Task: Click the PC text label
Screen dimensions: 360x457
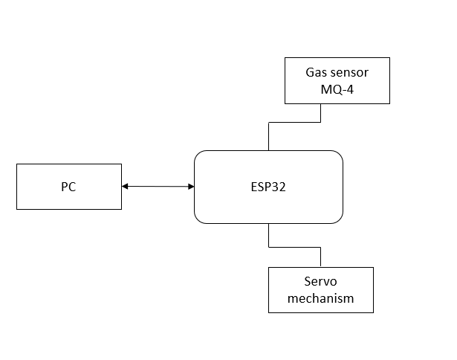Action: point(68,187)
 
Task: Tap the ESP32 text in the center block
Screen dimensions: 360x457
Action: point(268,187)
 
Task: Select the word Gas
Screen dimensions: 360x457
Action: point(317,73)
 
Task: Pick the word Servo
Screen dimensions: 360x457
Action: point(320,282)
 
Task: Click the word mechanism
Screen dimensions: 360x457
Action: point(320,298)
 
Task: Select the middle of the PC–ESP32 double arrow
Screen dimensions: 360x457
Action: point(158,186)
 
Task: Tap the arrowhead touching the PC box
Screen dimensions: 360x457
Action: point(125,186)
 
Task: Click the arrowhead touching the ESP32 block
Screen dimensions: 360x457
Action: point(190,186)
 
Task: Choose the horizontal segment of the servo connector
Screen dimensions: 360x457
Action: point(294,245)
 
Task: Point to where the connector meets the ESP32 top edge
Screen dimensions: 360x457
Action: point(268,150)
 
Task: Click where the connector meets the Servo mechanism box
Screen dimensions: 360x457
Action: point(320,267)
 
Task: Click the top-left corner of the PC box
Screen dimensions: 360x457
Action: point(17,164)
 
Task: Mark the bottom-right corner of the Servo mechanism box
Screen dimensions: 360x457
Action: point(373,312)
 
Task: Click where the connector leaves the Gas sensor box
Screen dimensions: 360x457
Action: point(320,103)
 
